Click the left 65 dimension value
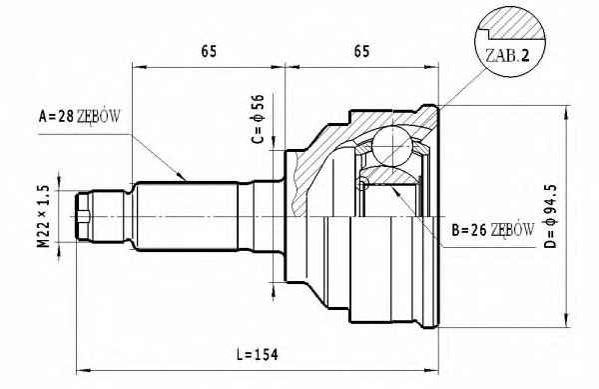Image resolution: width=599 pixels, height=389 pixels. pos(209,51)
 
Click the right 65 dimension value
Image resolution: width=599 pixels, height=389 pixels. pos(361,51)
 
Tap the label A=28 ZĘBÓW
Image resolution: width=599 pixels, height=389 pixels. pos(80,116)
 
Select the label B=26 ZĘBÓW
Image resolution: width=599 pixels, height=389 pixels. pos(493,230)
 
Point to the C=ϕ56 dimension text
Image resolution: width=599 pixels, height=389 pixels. pos(258,119)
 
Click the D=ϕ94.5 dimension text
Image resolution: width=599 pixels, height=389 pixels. pos(551,216)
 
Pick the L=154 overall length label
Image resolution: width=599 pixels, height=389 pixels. pos(258,355)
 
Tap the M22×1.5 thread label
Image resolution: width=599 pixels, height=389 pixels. pos(44,216)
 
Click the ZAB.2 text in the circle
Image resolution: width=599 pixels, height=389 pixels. pos(507,56)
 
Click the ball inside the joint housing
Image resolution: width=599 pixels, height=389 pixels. pos(392,146)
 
